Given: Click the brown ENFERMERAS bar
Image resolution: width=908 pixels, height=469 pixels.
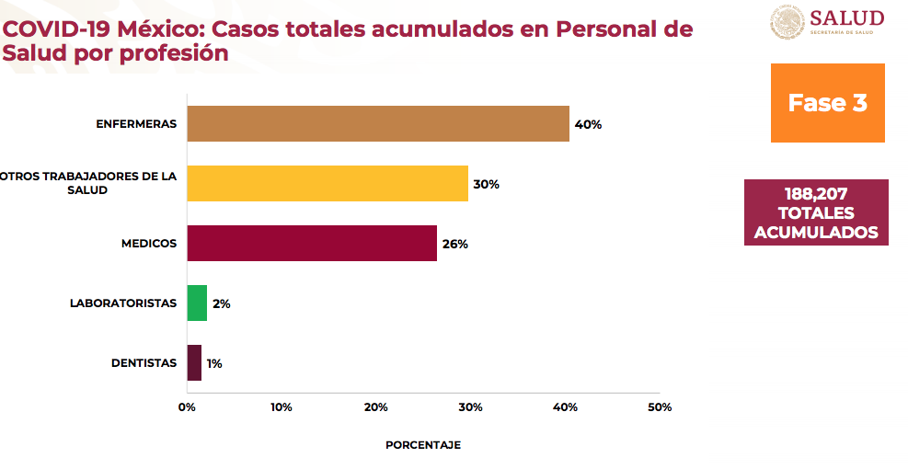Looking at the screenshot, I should [x=377, y=123].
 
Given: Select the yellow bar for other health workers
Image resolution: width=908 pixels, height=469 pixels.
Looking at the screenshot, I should [x=327, y=183].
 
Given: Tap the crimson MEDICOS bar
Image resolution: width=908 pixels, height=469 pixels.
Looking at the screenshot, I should [x=311, y=243].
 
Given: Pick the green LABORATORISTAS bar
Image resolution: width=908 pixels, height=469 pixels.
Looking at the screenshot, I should [x=197, y=303].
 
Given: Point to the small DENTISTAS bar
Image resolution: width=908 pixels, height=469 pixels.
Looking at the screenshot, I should [x=194, y=362].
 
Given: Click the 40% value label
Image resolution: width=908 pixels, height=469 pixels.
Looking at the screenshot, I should [x=588, y=124].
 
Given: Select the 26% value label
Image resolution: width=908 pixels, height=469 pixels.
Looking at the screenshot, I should [x=455, y=244].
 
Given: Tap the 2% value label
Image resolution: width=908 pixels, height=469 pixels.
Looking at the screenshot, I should [x=221, y=303].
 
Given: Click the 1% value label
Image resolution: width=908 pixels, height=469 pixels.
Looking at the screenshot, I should [x=214, y=363].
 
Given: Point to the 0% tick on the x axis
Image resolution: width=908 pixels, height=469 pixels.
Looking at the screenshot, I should [x=187, y=406].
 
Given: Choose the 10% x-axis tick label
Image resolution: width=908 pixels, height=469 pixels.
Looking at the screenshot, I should [x=282, y=406].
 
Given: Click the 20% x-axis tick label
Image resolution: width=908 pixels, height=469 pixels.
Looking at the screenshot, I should [x=376, y=406].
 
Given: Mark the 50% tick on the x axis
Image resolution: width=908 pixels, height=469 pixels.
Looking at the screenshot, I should [x=660, y=406].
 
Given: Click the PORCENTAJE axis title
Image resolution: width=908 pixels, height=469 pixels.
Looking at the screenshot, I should [x=423, y=444].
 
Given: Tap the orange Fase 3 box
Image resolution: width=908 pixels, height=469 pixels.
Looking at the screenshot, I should [x=827, y=102].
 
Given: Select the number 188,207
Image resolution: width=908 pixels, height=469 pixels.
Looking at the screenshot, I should [x=816, y=194].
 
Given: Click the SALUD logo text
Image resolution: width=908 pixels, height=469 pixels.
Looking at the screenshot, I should [x=847, y=18].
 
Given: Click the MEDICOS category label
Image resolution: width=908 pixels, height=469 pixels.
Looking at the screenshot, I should [x=148, y=244].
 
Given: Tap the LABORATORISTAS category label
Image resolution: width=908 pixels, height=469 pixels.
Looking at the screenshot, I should [x=123, y=303].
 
